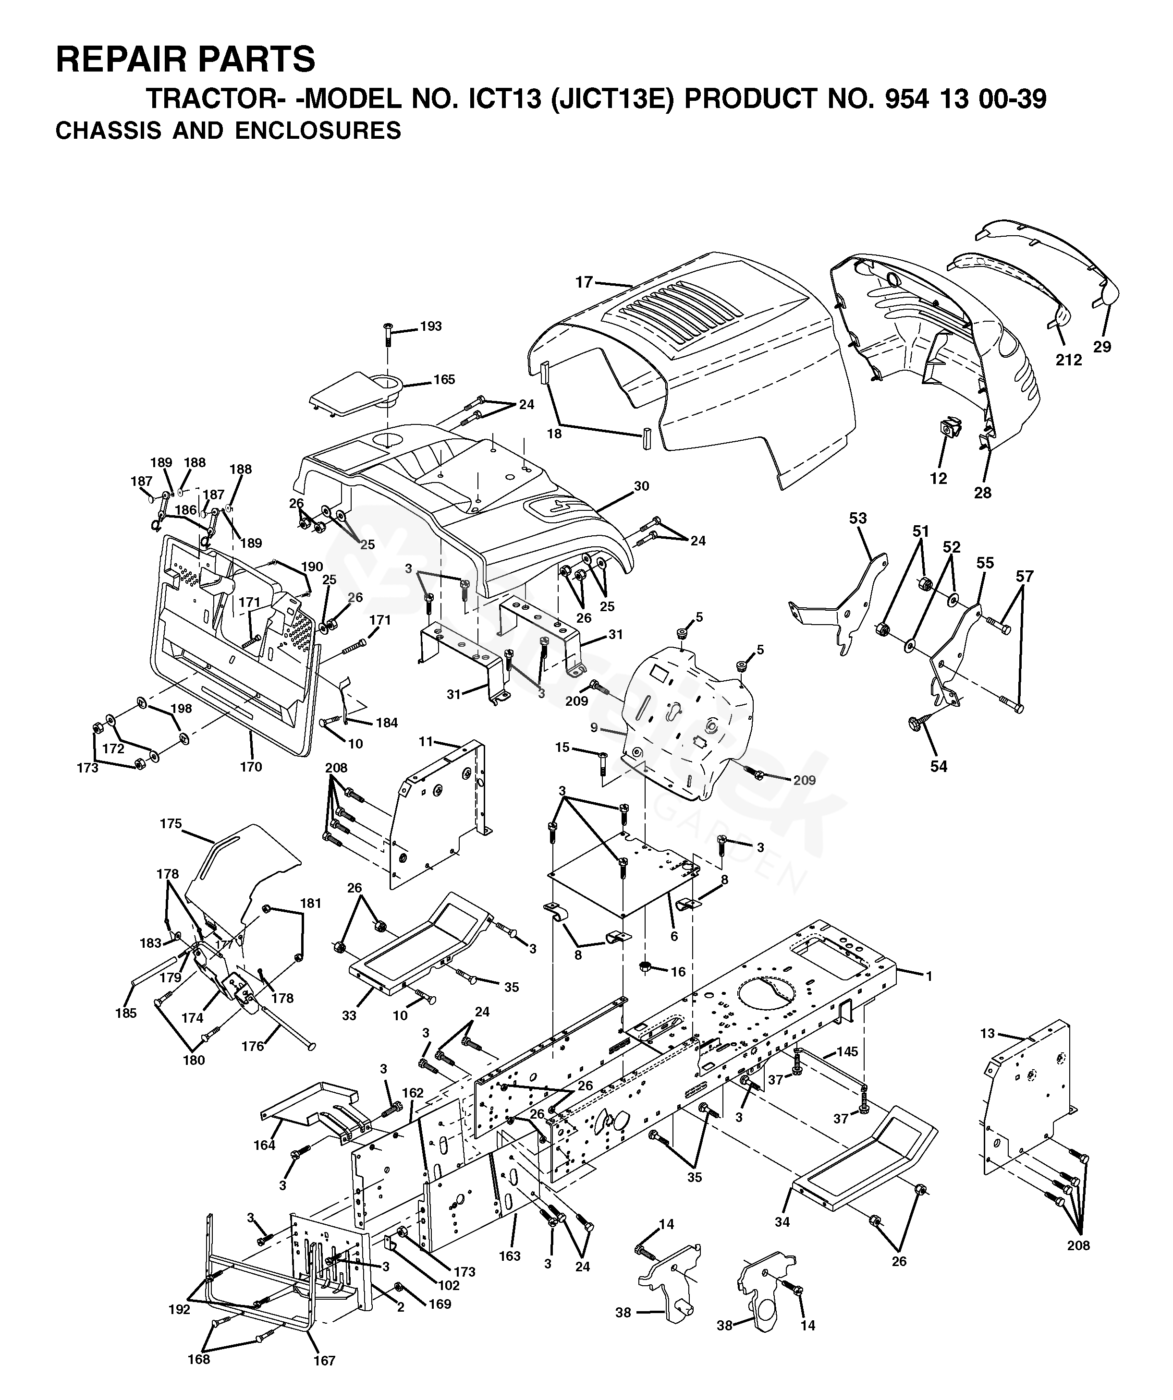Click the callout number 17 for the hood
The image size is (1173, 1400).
click(584, 282)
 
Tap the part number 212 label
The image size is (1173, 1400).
click(1068, 360)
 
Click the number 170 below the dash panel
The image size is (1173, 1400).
click(251, 767)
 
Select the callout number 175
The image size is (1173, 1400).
click(171, 823)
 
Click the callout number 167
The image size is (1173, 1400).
click(324, 1361)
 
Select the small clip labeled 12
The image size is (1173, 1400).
click(950, 427)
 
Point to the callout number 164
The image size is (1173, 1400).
click(264, 1146)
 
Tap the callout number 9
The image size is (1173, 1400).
click(594, 728)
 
